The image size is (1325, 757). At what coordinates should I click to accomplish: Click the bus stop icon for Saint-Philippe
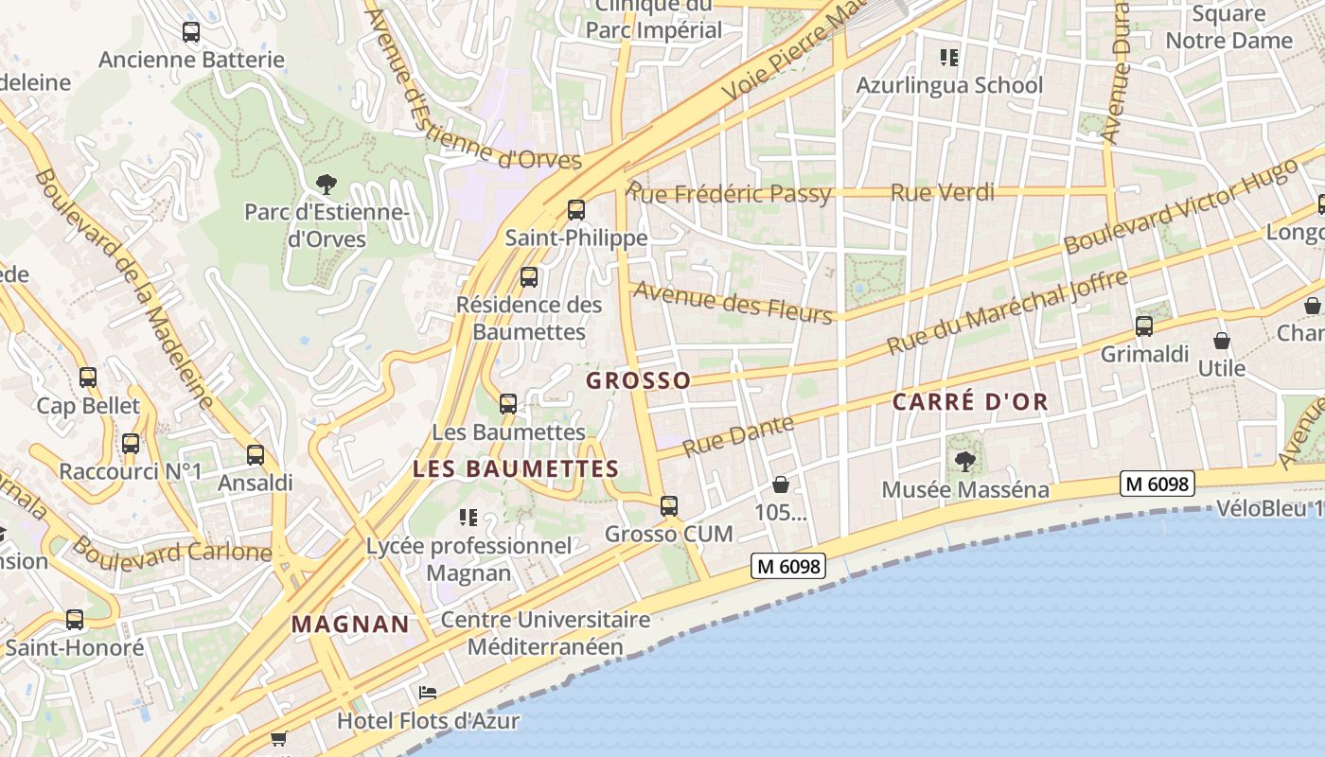(x=575, y=210)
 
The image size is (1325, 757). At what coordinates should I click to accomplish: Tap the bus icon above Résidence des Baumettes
(x=529, y=277)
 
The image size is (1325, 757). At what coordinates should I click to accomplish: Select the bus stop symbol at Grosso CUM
(x=669, y=506)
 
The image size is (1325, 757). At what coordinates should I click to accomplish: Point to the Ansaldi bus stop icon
(x=256, y=455)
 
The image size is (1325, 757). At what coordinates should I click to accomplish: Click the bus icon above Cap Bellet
(x=88, y=378)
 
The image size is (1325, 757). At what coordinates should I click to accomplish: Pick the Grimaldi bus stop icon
(x=1144, y=326)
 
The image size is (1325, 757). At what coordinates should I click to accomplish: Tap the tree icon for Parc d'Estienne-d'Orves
(x=327, y=184)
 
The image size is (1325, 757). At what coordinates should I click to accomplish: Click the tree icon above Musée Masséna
(x=965, y=462)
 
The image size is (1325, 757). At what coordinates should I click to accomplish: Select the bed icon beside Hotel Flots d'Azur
(x=428, y=694)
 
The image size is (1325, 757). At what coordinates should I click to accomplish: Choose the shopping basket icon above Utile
(x=1222, y=341)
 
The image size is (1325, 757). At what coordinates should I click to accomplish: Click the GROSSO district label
(x=639, y=380)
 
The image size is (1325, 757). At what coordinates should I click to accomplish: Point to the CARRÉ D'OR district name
(x=970, y=401)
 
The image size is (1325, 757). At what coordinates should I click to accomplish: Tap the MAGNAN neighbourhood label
(x=350, y=625)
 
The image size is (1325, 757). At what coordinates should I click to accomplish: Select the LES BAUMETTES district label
(x=516, y=468)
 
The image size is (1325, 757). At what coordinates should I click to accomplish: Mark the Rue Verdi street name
(x=943, y=193)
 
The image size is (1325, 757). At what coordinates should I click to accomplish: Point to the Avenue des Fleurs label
(x=733, y=302)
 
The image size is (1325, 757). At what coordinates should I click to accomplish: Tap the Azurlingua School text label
(x=949, y=85)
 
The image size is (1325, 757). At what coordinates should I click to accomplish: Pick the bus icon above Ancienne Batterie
(x=191, y=32)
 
